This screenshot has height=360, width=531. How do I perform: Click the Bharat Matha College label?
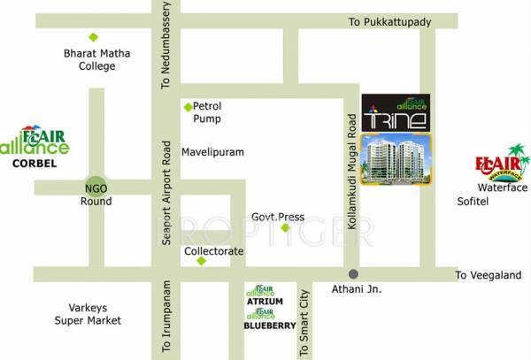(97, 59)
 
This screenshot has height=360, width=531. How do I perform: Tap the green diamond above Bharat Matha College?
(93, 37)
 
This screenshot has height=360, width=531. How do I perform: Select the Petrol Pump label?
(207, 111)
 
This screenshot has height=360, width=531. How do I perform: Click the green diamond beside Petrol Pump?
(188, 107)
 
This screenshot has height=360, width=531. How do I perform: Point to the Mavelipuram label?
(212, 152)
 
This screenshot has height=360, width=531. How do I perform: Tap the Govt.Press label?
(278, 216)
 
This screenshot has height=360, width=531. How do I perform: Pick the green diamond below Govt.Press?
(286, 228)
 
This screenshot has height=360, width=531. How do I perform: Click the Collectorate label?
(213, 251)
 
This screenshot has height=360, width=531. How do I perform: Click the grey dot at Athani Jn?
(353, 273)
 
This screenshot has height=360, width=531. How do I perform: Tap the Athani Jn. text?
(356, 290)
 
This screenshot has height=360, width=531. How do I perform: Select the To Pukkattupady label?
(389, 19)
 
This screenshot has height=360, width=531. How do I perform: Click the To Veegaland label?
(489, 275)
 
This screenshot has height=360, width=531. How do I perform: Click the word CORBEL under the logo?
(35, 164)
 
